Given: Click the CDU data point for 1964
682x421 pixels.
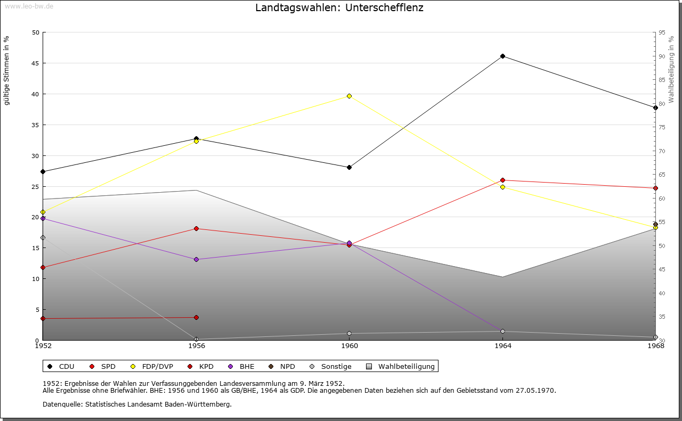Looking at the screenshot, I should (x=502, y=56).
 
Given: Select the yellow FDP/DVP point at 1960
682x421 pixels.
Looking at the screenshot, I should (x=349, y=96).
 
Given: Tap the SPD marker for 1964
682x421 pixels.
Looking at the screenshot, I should (x=502, y=180).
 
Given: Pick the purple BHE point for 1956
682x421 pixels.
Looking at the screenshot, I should (x=196, y=259).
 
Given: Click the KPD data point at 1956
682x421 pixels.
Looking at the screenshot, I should (x=196, y=317).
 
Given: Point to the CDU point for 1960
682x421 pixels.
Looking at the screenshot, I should (x=349, y=167).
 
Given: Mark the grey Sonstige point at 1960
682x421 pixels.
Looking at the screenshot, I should (x=349, y=334).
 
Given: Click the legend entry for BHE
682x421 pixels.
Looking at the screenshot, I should (x=242, y=366).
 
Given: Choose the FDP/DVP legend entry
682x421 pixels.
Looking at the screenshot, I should (x=151, y=366).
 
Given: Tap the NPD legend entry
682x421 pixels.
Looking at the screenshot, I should (x=282, y=366).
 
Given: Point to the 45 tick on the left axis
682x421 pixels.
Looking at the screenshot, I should (x=36, y=63).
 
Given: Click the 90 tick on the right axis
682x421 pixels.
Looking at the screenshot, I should (x=661, y=56).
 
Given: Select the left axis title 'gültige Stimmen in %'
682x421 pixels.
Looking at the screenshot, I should (x=7, y=70).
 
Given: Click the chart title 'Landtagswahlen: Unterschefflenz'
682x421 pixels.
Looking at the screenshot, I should (x=339, y=8).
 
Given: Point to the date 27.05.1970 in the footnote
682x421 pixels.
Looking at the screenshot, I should (x=535, y=390).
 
